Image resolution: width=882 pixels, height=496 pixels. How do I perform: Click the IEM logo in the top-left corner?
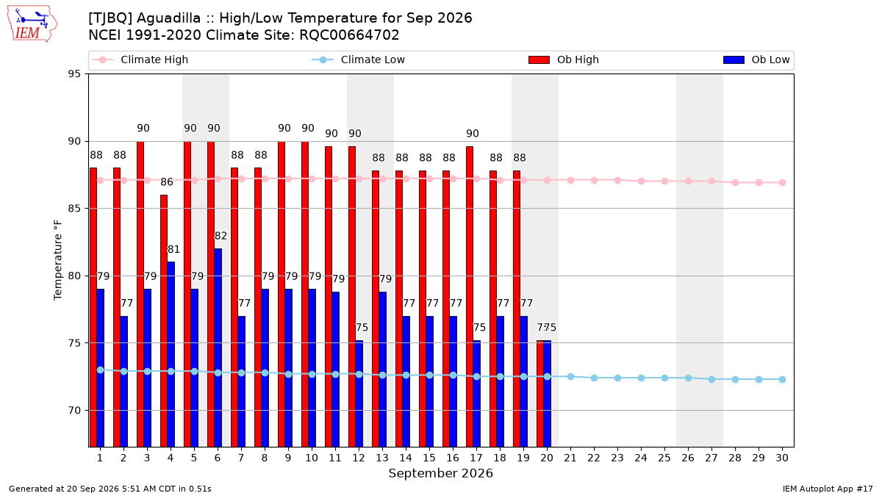pyautogui.click(x=32, y=24)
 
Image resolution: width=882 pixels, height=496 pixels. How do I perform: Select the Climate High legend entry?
pyautogui.click(x=140, y=60)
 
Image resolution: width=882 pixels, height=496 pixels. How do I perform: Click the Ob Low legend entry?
pyautogui.click(x=756, y=60)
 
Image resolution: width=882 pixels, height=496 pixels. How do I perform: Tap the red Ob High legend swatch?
pyautogui.click(x=539, y=60)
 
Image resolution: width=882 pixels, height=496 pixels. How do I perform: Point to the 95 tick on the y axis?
pyautogui.click(x=74, y=74)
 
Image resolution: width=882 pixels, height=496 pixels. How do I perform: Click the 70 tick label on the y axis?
pyautogui.click(x=74, y=411)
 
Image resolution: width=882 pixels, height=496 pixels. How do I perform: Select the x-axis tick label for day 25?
pyautogui.click(x=664, y=458)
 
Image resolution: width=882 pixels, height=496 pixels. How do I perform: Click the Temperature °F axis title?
pyautogui.click(x=58, y=260)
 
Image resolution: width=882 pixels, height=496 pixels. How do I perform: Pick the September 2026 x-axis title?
pyautogui.click(x=440, y=473)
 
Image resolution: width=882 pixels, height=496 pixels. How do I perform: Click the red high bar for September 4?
pyautogui.click(x=164, y=321)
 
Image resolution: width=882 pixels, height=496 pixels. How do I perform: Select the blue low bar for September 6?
pyautogui.click(x=218, y=348)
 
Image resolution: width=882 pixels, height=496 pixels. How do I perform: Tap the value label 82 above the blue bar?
pyautogui.click(x=220, y=236)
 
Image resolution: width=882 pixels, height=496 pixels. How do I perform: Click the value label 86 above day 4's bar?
pyautogui.click(x=167, y=182)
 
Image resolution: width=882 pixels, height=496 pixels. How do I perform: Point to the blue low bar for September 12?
pyautogui.click(x=359, y=394)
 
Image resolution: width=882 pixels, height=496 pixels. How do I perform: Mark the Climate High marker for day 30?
pyautogui.click(x=782, y=183)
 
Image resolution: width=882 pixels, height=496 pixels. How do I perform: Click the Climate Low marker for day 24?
pyautogui.click(x=641, y=378)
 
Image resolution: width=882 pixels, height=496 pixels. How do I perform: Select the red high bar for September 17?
pyautogui.click(x=470, y=296)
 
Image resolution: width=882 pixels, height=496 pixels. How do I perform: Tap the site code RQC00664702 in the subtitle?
pyautogui.click(x=349, y=35)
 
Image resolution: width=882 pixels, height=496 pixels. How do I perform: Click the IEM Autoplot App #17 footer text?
pyautogui.click(x=828, y=489)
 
